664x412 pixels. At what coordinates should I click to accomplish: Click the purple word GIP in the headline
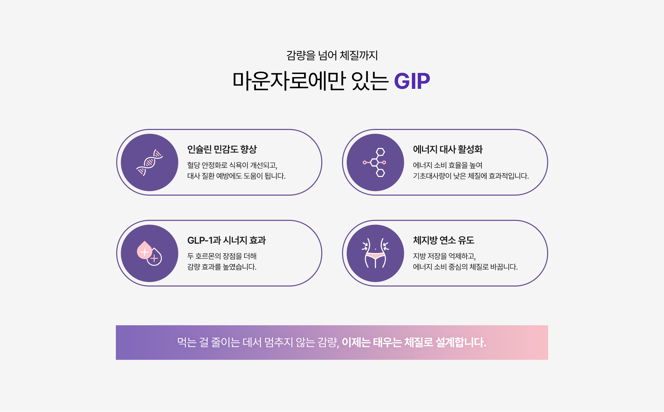pos(412,81)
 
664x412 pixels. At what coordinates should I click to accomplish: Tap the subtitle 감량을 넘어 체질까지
pos(332,55)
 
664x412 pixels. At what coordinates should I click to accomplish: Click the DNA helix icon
pos(149,162)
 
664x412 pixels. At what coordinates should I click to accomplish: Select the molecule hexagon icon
pos(375,162)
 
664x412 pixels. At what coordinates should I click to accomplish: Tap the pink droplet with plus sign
pos(144,250)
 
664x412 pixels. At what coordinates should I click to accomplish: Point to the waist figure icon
pos(375,253)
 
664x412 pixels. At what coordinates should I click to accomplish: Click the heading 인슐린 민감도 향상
pos(222,149)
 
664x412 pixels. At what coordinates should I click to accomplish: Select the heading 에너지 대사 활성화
pos(448,149)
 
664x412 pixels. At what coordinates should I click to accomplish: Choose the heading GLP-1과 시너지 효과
pos(227,240)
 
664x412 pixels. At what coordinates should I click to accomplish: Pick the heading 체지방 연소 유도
pos(443,240)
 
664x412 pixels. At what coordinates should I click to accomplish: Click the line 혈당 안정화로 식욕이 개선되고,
pos(232,165)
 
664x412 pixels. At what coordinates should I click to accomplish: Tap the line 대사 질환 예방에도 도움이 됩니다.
pos(237,176)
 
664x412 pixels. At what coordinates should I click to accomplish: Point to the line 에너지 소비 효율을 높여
pos(448,165)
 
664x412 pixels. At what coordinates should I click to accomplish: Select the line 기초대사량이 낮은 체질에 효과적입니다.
pos(471,176)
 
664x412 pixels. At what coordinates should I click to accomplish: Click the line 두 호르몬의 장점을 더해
pos(222,256)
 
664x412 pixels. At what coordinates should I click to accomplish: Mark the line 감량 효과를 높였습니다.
pos(222,267)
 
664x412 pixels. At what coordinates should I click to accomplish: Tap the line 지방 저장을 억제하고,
pos(444,256)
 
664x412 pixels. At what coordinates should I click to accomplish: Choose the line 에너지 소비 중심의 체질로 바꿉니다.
pos(465,267)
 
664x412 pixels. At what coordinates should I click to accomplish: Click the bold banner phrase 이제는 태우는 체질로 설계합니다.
pos(414,343)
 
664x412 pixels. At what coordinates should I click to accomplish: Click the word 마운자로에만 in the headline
pos(289,81)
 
